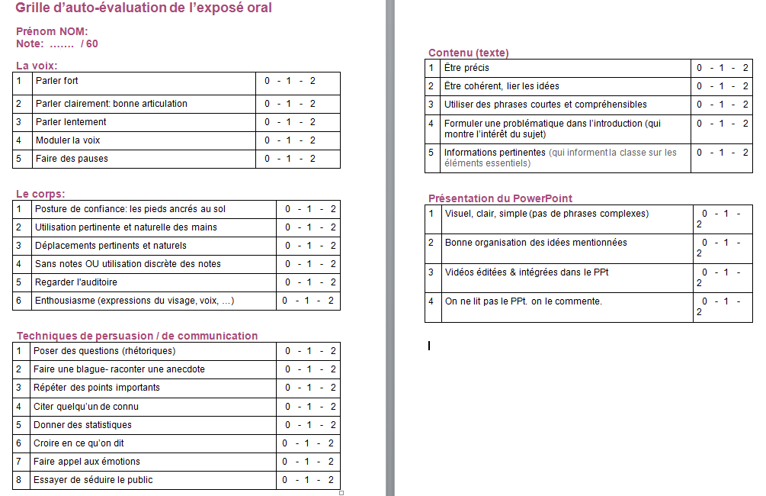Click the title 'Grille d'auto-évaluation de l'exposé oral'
[143, 8]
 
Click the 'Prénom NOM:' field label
[52, 32]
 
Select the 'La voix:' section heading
[37, 66]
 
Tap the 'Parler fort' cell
[57, 81]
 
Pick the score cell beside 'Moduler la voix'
[290, 140]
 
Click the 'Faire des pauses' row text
[72, 159]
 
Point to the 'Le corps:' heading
[40, 194]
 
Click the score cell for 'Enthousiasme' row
[308, 301]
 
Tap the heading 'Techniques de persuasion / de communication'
[137, 336]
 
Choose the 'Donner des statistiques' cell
[82, 425]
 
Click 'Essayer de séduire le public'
[93, 480]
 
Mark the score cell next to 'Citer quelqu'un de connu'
[311, 407]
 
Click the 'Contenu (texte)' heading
[468, 53]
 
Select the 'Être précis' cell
[466, 68]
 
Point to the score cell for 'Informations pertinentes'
[723, 153]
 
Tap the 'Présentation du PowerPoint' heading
[500, 198]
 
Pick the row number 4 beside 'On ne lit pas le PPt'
[431, 301]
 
